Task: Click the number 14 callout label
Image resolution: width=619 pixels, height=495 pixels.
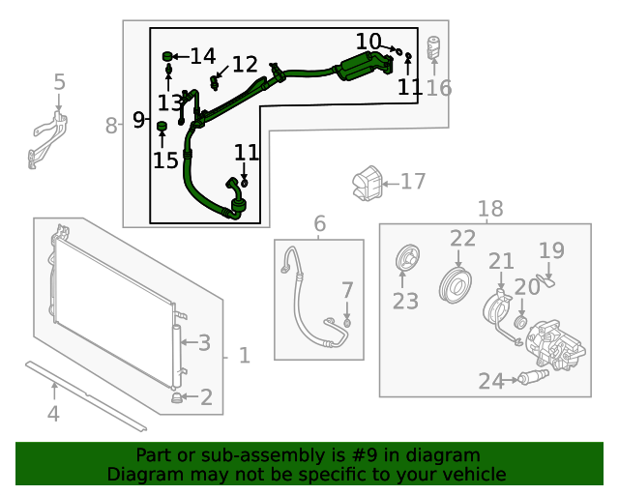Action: tap(202, 56)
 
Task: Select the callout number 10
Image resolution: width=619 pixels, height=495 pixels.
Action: tap(368, 42)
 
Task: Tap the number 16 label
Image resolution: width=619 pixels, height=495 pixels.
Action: tap(438, 88)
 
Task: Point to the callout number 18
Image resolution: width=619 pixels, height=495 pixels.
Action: tap(490, 208)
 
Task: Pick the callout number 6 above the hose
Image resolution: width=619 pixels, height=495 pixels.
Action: tap(319, 224)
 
